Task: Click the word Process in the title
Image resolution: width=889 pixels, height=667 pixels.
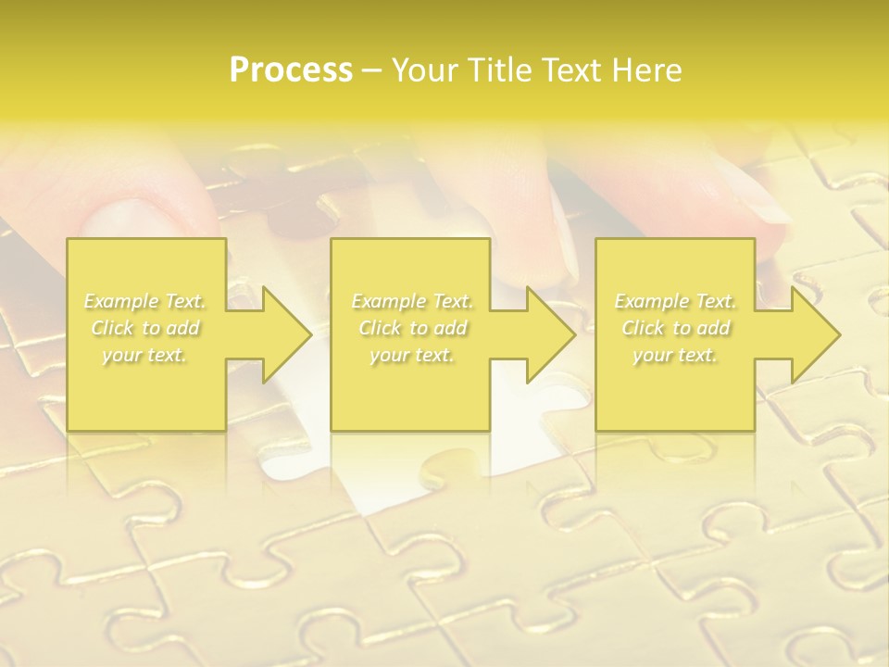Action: [x=291, y=70]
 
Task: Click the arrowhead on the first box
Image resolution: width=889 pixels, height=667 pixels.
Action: [x=278, y=334]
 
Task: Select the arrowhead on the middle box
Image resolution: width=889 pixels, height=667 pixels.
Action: [x=542, y=334]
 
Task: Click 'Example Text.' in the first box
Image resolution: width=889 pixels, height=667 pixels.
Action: [x=145, y=301]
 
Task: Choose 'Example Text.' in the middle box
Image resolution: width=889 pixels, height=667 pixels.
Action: [x=412, y=301]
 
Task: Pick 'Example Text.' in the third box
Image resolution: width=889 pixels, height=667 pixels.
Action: [x=675, y=301]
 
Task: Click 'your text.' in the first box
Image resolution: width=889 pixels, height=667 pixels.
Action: [x=145, y=355]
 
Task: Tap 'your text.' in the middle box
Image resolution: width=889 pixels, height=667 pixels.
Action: [x=412, y=355]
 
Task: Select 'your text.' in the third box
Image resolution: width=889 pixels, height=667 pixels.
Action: [x=675, y=355]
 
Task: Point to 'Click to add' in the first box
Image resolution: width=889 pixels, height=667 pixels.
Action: [x=145, y=328]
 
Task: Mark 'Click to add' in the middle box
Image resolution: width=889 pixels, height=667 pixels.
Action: [x=412, y=328]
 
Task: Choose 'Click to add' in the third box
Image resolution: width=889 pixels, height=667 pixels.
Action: [x=675, y=328]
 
